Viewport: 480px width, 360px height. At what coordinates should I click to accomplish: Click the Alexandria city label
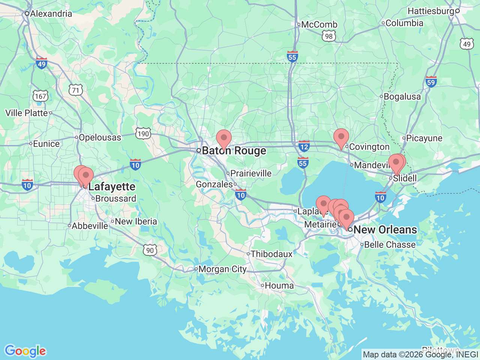click(51, 14)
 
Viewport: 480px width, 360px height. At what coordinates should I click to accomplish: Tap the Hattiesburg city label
click(430, 11)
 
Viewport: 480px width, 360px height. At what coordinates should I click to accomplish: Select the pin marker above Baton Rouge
click(224, 138)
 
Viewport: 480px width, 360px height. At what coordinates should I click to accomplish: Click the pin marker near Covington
click(341, 137)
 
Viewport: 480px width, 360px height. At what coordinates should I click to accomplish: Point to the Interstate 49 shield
click(42, 63)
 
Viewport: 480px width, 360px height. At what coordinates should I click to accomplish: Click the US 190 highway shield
click(143, 133)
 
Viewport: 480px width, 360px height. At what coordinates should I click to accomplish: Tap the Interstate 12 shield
click(304, 146)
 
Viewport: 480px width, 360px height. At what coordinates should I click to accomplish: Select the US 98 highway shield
click(328, 36)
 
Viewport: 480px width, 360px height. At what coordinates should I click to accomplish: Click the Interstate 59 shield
click(431, 82)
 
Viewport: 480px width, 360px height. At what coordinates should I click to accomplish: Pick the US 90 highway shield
click(150, 250)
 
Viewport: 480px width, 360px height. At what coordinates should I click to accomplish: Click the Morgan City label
click(222, 269)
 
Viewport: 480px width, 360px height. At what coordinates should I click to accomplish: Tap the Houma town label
click(279, 286)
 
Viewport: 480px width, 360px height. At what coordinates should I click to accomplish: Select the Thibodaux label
click(271, 254)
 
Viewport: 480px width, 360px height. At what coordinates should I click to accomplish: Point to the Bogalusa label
click(402, 97)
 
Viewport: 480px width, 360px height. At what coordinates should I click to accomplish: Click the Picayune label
click(424, 138)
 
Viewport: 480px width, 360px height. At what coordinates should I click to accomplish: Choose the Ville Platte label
click(27, 113)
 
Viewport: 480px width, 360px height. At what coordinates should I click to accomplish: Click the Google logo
click(25, 351)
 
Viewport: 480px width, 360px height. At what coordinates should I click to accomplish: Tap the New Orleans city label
click(385, 229)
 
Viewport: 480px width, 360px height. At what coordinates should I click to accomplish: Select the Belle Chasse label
click(390, 245)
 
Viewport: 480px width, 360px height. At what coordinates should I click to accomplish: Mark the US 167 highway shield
click(40, 96)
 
